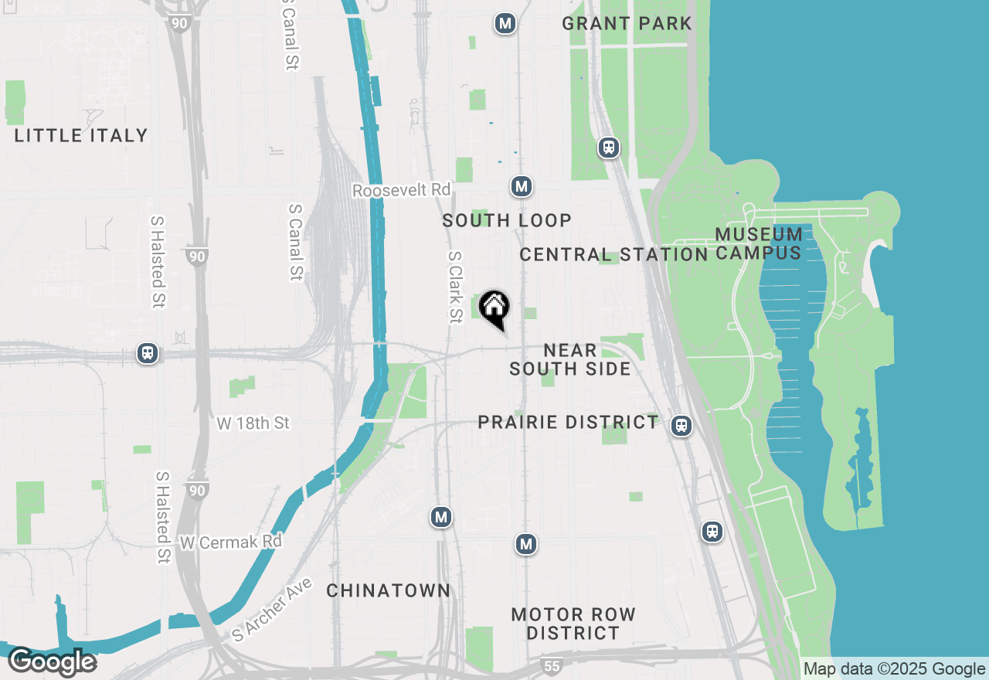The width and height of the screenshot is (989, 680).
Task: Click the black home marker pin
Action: [494, 308]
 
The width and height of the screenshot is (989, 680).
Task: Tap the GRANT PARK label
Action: [627, 23]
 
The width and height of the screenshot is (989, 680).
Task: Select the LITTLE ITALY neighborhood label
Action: [81, 135]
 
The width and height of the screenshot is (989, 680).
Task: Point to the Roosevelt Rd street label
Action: [401, 190]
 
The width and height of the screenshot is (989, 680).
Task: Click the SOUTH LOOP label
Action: [507, 220]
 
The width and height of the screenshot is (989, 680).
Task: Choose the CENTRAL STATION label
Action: [613, 254]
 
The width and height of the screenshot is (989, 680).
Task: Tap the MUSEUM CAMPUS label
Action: [758, 243]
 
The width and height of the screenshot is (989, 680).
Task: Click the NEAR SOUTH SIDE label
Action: [570, 360]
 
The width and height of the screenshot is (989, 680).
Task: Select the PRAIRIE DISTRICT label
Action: [568, 422]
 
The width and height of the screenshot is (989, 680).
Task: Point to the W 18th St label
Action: [253, 423]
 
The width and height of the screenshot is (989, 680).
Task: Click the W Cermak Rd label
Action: [230, 542]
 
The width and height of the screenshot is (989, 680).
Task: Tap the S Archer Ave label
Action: [272, 610]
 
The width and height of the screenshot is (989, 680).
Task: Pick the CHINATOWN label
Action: [388, 590]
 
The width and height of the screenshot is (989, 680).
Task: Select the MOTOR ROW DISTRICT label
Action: [573, 624]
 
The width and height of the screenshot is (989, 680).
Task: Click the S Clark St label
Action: [455, 287]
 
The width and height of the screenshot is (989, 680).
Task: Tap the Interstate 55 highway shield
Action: [550, 665]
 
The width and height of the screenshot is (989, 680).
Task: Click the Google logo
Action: [52, 662]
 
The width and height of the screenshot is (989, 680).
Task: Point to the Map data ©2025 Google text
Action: [894, 669]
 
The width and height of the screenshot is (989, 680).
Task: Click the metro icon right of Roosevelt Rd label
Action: [522, 186]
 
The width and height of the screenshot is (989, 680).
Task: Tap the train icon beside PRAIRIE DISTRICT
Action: [681, 425]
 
